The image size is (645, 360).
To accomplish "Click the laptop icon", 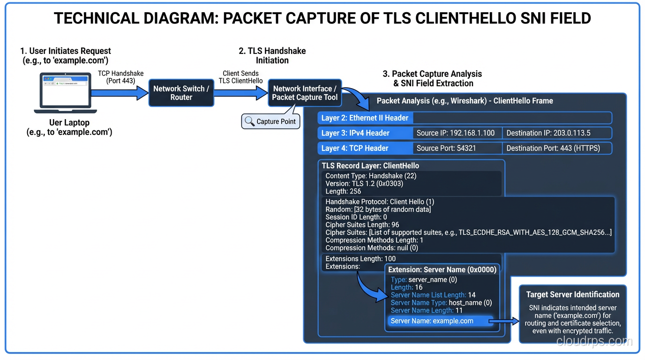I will (66, 93).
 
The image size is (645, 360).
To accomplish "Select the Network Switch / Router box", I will (181, 93).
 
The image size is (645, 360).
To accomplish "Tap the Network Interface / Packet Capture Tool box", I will (305, 93).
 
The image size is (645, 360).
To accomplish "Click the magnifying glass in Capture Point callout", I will (249, 121).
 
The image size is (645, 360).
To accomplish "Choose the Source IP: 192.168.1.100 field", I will (455, 133).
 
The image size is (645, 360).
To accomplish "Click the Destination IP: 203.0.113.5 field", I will (548, 133).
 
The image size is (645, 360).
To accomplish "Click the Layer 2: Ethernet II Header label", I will (365, 118).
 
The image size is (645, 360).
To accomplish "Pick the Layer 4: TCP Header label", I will (355, 148).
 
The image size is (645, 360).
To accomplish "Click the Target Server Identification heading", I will (572, 294).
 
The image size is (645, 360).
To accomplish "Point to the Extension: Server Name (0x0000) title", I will (442, 270).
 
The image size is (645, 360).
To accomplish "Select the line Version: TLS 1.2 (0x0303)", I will (364, 184).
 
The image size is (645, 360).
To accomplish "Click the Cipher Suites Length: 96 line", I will (362, 225).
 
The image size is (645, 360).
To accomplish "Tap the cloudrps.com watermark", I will (594, 341).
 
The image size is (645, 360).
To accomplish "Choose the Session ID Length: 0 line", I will (356, 217).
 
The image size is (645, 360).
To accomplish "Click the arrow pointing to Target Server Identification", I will (504, 321).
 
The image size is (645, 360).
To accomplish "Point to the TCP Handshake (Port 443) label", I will (120, 77).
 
